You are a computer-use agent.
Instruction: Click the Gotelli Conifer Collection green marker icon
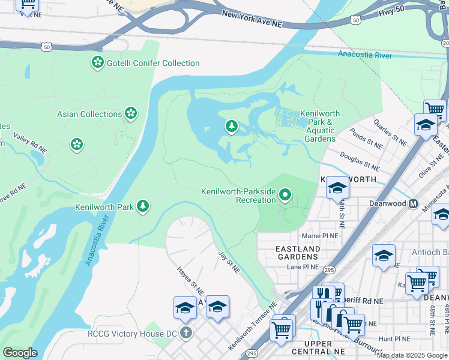coord(97,62)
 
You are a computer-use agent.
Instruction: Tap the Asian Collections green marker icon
coord(130,113)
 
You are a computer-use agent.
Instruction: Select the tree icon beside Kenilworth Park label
coord(142,206)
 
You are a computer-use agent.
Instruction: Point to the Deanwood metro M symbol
coord(413,203)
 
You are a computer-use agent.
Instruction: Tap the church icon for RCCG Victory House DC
coord(185,333)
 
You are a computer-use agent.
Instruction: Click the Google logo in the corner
coord(20,353)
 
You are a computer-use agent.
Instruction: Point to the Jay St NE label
coord(229,262)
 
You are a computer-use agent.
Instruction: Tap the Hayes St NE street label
coord(190,280)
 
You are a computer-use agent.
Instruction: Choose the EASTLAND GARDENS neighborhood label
coord(298,253)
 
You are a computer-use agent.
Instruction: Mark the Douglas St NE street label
coord(360,161)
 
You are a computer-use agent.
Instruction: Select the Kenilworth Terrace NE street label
coord(252,326)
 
